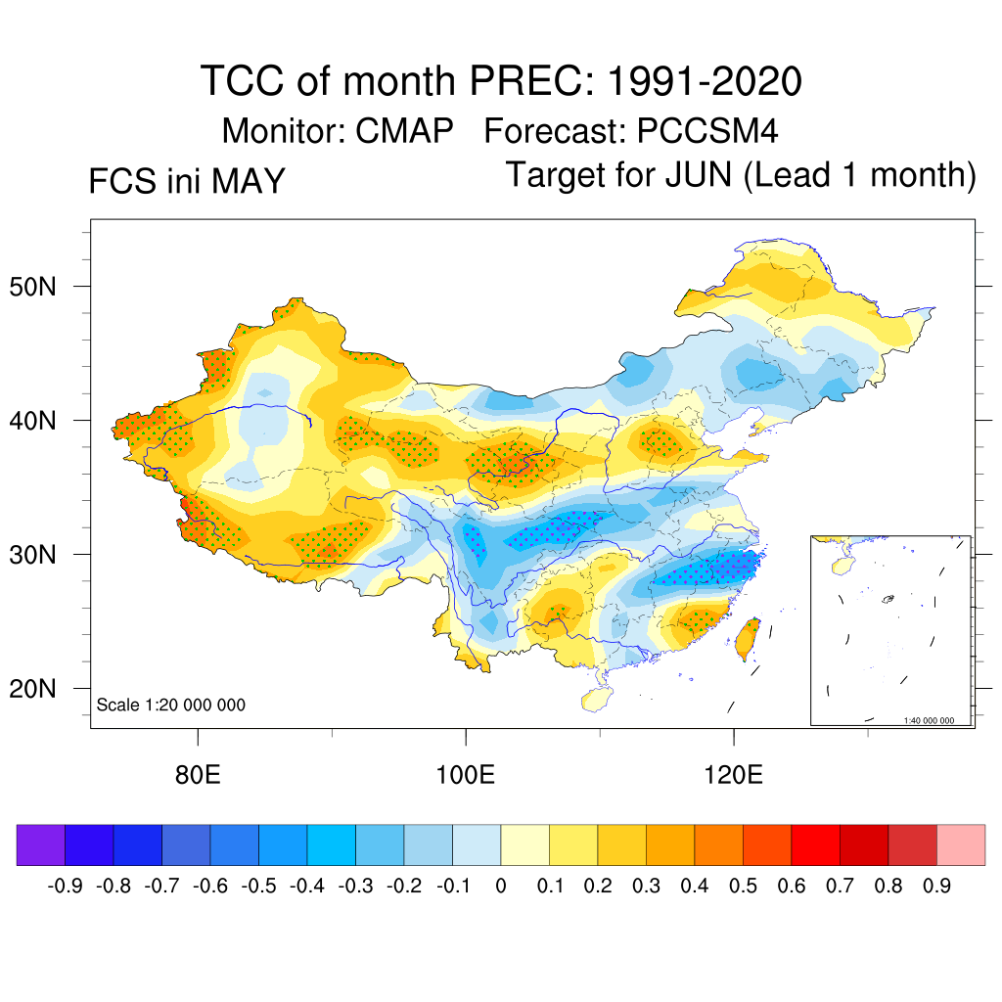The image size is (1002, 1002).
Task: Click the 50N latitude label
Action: (32, 287)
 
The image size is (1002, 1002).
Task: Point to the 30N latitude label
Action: (32, 555)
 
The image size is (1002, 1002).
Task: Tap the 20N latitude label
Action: (32, 689)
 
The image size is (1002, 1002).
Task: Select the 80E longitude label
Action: (198, 775)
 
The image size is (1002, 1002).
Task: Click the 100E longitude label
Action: (465, 775)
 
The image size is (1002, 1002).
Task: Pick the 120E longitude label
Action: (734, 775)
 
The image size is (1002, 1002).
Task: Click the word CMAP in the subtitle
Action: (404, 130)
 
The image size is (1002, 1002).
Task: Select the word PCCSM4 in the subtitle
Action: (707, 130)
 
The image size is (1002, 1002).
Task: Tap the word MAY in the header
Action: (248, 181)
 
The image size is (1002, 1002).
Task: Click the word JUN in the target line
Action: (699, 174)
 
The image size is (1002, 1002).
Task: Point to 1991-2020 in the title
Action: (705, 81)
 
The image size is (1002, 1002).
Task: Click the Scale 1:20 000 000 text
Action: (170, 705)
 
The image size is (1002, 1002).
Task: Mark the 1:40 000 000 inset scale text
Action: (929, 720)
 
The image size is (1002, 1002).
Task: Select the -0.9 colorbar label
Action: (66, 886)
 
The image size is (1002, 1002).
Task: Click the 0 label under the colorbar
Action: (501, 886)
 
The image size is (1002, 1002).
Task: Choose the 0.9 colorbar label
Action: (936, 886)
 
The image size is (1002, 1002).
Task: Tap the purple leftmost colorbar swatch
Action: (41, 844)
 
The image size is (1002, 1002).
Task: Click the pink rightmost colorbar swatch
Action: (961, 844)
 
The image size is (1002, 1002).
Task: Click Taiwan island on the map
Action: (747, 638)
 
